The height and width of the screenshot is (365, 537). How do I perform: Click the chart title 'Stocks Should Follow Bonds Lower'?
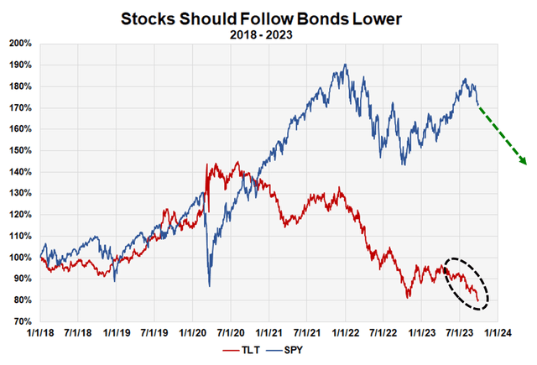click(268, 17)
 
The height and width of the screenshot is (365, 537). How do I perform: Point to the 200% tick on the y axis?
click(20, 43)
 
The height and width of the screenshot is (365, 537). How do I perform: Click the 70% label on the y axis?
click(23, 321)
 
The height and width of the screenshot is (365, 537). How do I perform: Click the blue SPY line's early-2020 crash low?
click(209, 286)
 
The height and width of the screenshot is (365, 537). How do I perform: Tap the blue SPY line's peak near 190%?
click(345, 65)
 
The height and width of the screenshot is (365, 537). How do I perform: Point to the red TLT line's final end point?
click(479, 300)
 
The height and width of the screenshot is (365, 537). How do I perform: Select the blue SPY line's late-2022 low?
click(404, 164)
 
